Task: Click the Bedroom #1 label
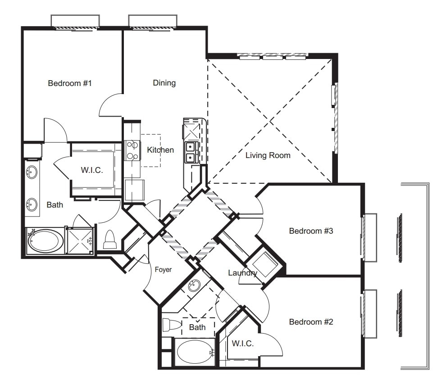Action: pos(70,83)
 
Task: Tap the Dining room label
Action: pos(164,83)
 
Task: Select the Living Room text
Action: pos(268,155)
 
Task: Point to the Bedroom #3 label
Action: pos(311,231)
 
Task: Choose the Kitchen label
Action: pos(160,150)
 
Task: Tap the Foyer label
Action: pos(163,270)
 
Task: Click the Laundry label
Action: pos(242,273)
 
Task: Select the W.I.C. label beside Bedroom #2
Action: pos(243,344)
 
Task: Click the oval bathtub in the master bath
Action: pos(46,241)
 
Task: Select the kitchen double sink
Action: pos(190,152)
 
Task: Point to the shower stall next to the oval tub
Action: pos(80,240)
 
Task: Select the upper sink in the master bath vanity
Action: pos(32,172)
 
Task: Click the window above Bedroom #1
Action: pos(75,22)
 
